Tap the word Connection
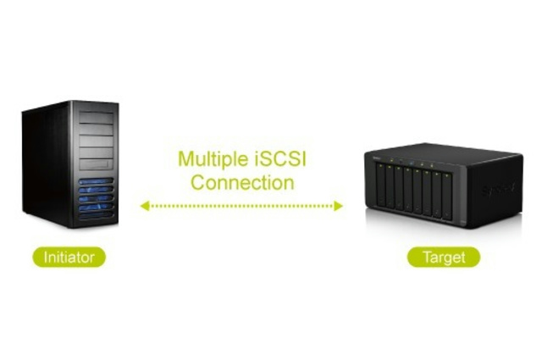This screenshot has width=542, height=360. pos(242,182)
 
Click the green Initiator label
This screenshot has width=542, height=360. pos(69,257)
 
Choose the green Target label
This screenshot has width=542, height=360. pos(444,258)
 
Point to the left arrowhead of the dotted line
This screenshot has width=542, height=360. pos(145,206)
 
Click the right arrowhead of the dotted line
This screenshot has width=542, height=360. pos(338,206)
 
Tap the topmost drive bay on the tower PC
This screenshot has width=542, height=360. pos(96,117)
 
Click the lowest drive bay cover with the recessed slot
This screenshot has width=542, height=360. pos(96,164)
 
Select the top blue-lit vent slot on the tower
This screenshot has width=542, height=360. pos(96,181)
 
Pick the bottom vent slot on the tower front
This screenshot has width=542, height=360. pos(96,215)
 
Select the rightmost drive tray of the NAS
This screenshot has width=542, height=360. pos(447,197)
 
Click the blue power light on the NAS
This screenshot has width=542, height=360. pos(412,163)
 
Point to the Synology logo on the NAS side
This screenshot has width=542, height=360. pos(498,189)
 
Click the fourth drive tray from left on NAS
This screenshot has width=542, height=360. pos(408,190)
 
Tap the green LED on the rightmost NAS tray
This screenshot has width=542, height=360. pos(446,175)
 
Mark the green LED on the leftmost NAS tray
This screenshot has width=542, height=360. pos(380,166)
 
